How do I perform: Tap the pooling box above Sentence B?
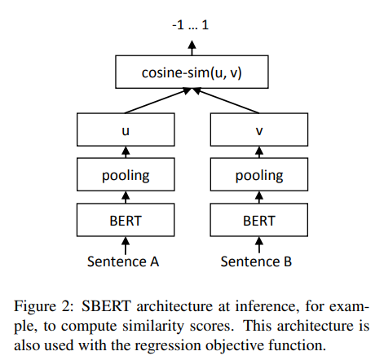click(259, 174)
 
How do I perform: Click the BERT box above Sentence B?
click(259, 220)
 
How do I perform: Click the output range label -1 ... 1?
click(192, 25)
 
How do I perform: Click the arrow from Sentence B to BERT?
click(259, 244)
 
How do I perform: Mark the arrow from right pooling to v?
click(259, 151)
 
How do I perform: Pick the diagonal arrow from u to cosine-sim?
click(159, 102)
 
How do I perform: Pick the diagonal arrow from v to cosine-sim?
click(226, 102)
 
